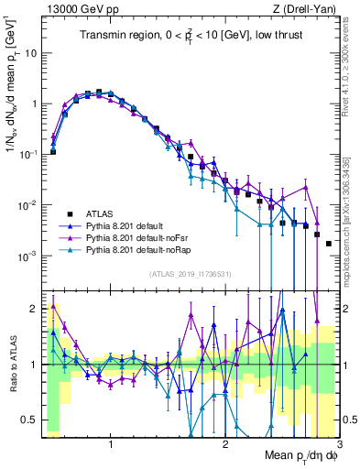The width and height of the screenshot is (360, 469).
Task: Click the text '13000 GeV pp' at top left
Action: point(74,8)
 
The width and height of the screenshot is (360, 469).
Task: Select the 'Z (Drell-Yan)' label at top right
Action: point(306,8)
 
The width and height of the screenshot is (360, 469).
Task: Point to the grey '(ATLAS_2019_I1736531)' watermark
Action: point(189,274)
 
